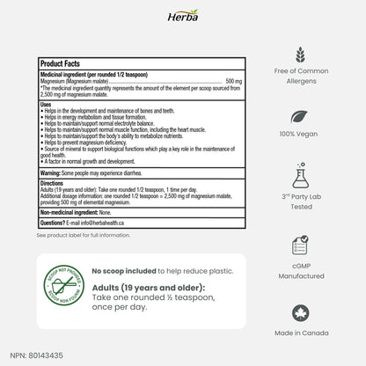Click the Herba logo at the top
coord(182,15)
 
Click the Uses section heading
coord(48,104)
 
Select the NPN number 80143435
coord(48,356)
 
